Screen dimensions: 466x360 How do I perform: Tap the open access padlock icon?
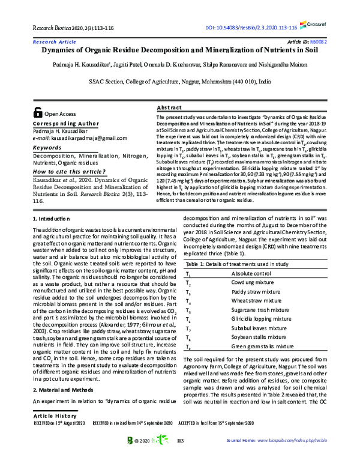click(38, 112)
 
